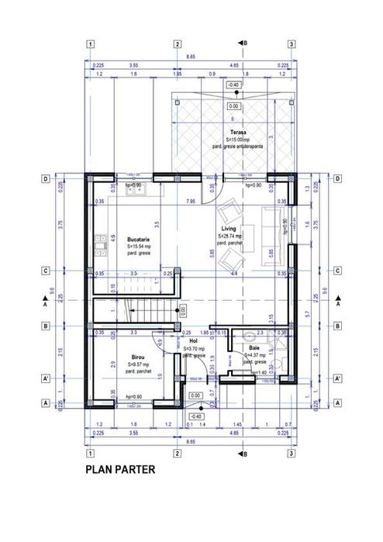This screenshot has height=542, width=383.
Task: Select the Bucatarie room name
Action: point(139,240)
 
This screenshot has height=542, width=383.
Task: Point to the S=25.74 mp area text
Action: point(229,236)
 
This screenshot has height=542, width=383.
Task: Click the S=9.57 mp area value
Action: point(137,364)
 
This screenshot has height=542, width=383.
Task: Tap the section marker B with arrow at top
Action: point(243,43)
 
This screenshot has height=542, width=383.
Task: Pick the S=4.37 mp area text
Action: point(255,355)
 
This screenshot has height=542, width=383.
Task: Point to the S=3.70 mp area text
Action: point(195,349)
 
